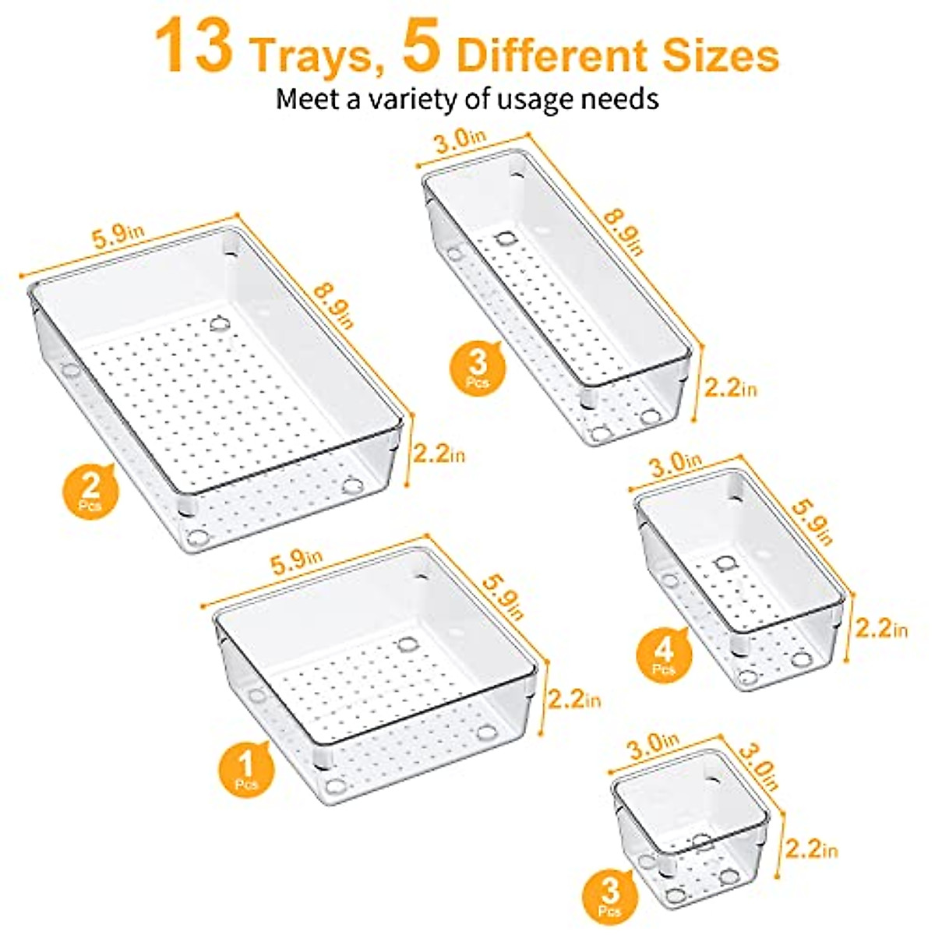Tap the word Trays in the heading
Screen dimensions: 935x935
coord(318,55)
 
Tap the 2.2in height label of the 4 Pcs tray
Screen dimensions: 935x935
coord(880,626)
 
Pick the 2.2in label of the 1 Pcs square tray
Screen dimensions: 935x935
coord(574,699)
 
